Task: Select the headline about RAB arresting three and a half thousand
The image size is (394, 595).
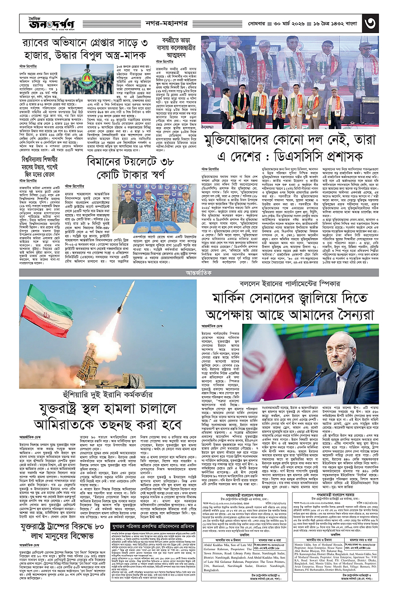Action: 84,50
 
